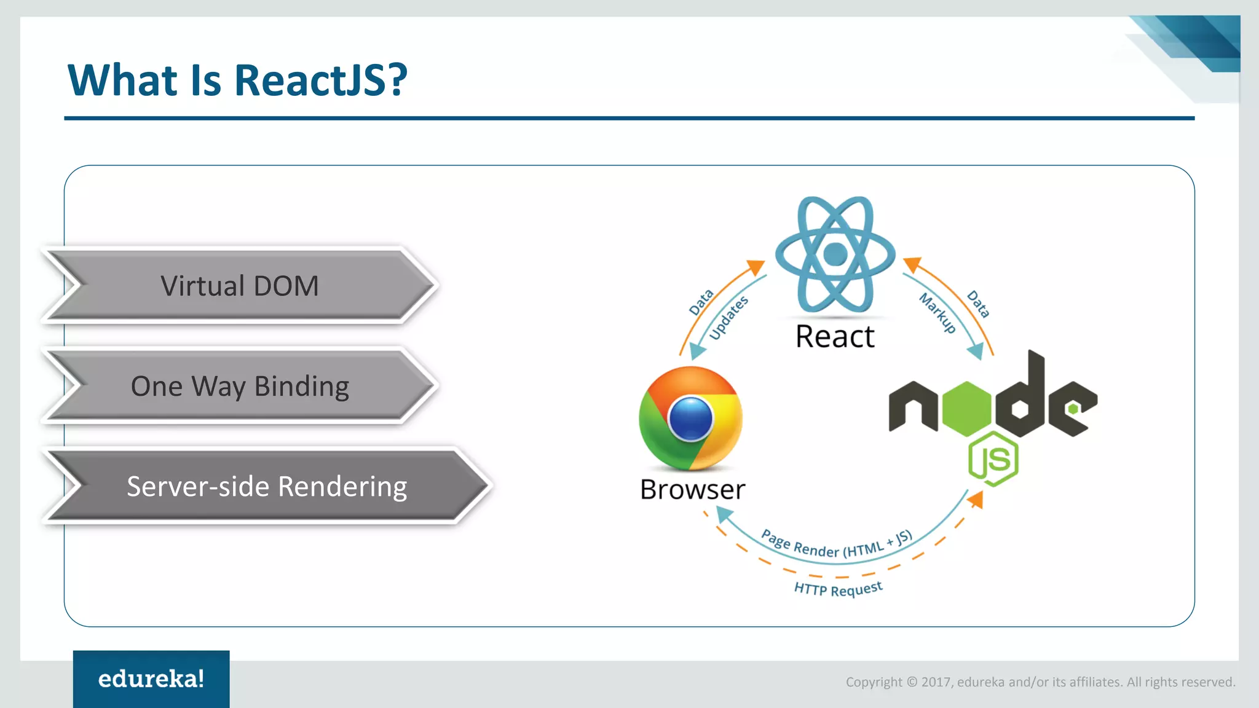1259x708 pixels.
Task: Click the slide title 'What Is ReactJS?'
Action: [237, 80]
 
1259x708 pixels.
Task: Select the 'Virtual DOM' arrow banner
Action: [240, 286]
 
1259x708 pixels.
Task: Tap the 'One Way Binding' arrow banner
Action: [240, 386]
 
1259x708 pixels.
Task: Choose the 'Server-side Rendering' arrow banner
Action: [267, 486]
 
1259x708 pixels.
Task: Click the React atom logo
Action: [835, 254]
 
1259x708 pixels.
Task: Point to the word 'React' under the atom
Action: [835, 337]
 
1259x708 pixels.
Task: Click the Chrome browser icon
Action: [691, 418]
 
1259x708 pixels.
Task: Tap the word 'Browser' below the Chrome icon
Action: [693, 490]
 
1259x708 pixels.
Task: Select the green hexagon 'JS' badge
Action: [993, 458]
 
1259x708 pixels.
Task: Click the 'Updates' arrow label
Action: [728, 317]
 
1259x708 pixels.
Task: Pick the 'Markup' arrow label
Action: [937, 313]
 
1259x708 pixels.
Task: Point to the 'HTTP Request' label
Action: [838, 589]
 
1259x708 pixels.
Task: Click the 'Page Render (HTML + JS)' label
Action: [836, 545]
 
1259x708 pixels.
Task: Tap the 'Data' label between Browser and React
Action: [701, 302]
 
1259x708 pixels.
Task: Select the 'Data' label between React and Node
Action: [978, 304]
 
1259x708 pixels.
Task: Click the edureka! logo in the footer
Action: [151, 679]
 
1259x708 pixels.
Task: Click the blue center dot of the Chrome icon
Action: [691, 419]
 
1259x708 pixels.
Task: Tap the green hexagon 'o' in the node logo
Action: [967, 408]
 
